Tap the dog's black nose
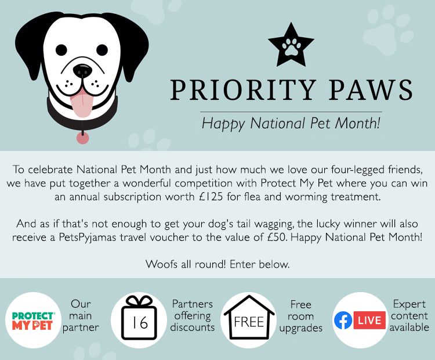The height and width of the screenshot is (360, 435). point(83,71)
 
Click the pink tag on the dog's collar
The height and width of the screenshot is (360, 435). point(83,138)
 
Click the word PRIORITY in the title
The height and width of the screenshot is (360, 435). point(243,90)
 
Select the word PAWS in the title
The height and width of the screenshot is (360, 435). point(371,90)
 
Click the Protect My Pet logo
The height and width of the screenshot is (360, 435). point(33,321)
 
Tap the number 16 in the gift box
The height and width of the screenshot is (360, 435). point(140,323)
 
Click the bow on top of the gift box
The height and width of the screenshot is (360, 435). point(139,301)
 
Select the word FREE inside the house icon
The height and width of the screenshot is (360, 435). point(249,322)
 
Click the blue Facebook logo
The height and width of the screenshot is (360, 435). point(343,321)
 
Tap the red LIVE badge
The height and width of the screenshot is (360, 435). point(369,321)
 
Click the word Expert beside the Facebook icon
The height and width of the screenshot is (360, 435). point(409,304)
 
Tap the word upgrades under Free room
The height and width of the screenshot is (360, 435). point(300,328)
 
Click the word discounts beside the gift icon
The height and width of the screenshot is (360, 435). point(193,327)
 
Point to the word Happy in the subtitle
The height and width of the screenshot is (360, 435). point(223,124)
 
